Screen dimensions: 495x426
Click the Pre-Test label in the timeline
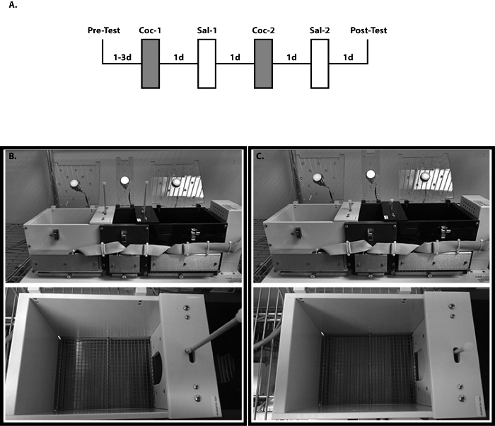tap(104, 30)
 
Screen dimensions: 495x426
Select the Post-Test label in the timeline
tap(368, 30)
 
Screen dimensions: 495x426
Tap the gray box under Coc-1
tap(150, 64)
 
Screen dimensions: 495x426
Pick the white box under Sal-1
tap(206, 64)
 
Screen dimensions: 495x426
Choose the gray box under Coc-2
tap(263, 64)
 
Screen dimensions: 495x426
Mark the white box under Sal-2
tap(320, 64)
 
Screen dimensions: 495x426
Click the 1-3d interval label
tap(122, 57)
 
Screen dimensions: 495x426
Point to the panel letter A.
tap(13, 5)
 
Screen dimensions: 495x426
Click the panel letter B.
tap(12, 156)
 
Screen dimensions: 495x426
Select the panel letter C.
tap(260, 156)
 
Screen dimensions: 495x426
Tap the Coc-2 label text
tap(263, 30)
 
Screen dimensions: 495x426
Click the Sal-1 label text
tap(206, 30)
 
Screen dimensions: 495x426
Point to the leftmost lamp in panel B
tap(75, 183)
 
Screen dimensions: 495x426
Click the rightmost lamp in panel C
tap(426, 177)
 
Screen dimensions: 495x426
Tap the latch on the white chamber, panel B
tap(55, 235)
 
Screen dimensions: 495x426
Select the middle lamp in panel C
tap(371, 174)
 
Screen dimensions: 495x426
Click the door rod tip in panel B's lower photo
tap(188, 350)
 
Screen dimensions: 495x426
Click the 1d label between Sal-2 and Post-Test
tap(348, 57)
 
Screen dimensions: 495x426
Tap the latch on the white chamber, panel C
tap(297, 232)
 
